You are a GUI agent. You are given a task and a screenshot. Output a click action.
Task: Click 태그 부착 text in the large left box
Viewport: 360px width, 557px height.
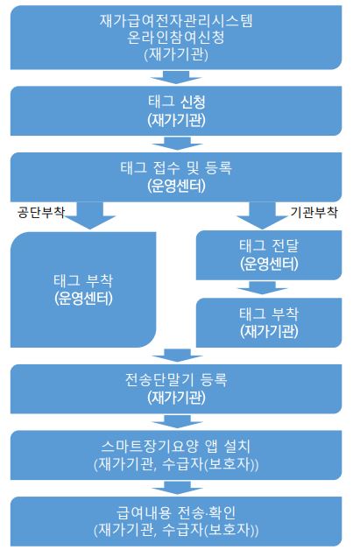[83, 281]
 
